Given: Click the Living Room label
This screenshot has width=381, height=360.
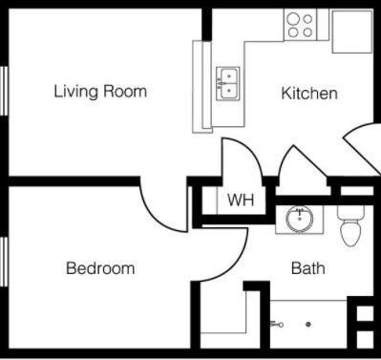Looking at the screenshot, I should [x=100, y=92].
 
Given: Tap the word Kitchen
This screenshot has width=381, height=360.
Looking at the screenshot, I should [x=309, y=94].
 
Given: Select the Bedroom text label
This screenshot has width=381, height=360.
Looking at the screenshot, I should [x=100, y=268].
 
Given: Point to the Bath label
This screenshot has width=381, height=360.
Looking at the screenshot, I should [x=307, y=268].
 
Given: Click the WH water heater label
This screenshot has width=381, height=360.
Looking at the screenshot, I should [x=240, y=201].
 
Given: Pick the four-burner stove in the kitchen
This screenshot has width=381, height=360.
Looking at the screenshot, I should [x=300, y=25].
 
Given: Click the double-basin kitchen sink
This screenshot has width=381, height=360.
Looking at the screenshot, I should [x=227, y=84].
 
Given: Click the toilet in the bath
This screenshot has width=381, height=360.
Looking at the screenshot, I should [x=350, y=228].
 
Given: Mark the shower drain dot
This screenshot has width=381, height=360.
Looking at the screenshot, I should [x=307, y=325].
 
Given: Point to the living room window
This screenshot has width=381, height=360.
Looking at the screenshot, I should [x=5, y=92].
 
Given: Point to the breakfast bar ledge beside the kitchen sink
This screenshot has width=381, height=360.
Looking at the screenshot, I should [x=202, y=86].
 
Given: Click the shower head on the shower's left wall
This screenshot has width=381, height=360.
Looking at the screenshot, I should [x=276, y=325].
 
